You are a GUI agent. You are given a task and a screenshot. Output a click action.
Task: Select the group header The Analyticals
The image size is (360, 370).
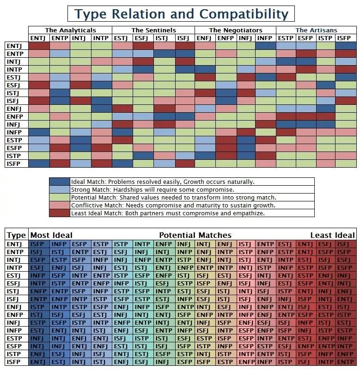tap(70, 30)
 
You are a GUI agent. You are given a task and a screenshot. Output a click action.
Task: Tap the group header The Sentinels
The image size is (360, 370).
tap(153, 30)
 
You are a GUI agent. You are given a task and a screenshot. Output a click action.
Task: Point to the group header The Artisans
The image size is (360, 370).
tap(316, 30)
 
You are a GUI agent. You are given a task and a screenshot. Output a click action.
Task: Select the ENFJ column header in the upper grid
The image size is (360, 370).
tap(204, 38)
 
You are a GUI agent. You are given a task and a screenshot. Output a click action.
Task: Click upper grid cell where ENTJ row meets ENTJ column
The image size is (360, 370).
tap(39, 46)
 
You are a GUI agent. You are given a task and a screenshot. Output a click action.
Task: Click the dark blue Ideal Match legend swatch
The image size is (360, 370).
tap(60, 182)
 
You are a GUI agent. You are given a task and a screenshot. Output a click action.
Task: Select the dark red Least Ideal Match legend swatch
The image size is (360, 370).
tap(60, 213)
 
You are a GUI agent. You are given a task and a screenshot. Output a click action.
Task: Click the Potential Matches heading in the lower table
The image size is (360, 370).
tap(195, 235)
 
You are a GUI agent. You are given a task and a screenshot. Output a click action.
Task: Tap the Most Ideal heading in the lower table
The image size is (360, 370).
tap(51, 235)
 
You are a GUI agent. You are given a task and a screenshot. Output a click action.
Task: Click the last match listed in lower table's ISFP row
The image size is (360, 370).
tap(346, 362)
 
